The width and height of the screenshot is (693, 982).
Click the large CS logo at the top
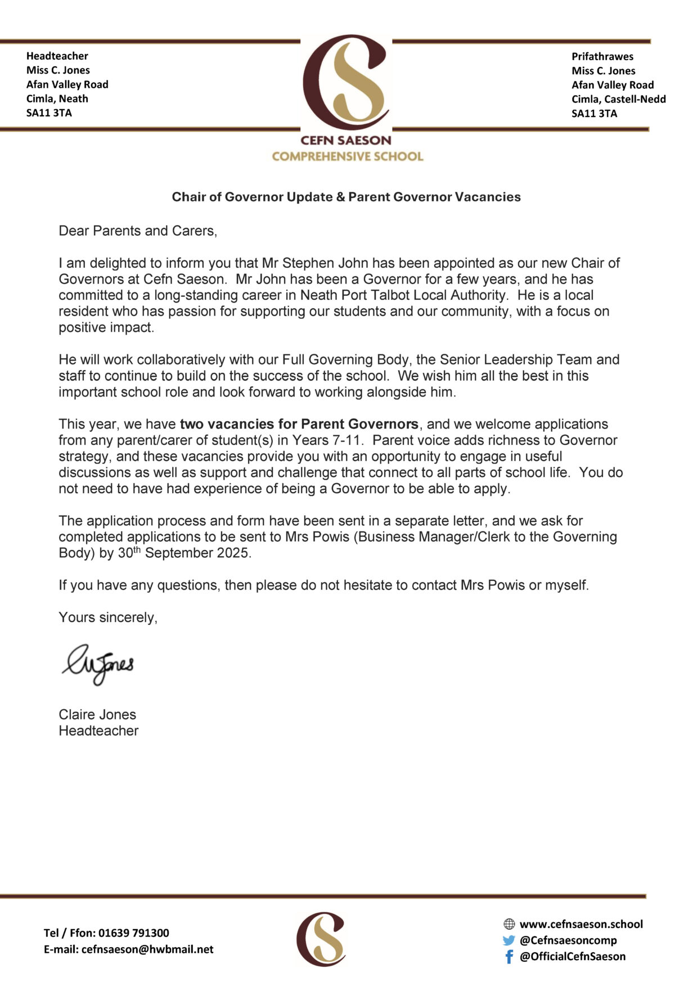pyautogui.click(x=345, y=83)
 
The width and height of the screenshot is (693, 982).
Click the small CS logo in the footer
pyautogui.click(x=321, y=939)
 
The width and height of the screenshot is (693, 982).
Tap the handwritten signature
pyautogui.click(x=98, y=664)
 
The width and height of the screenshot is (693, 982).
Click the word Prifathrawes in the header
pyautogui.click(x=602, y=56)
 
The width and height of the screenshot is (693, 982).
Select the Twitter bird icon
pyautogui.click(x=509, y=940)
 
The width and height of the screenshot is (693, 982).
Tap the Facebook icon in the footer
pyautogui.click(x=509, y=956)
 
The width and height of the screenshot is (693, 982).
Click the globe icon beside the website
pyautogui.click(x=509, y=924)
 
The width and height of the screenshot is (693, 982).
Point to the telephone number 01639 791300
pyautogui.click(x=133, y=933)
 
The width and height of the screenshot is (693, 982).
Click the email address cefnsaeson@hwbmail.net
pyautogui.click(x=147, y=949)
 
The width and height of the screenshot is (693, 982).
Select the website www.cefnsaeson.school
pyautogui.click(x=581, y=924)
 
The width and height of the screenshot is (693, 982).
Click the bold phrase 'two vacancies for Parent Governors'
pyautogui.click(x=299, y=424)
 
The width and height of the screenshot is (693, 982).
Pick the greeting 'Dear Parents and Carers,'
pyautogui.click(x=138, y=231)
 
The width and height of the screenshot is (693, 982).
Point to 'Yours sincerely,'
pyautogui.click(x=108, y=617)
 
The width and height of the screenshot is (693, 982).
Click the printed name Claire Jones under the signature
pyautogui.click(x=97, y=714)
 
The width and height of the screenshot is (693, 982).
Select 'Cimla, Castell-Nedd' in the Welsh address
pyautogui.click(x=618, y=99)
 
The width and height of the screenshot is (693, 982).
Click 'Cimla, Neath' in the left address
pyautogui.click(x=57, y=98)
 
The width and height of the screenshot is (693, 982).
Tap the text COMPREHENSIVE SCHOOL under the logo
pyautogui.click(x=347, y=156)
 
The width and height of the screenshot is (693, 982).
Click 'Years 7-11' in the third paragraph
pyautogui.click(x=326, y=440)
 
